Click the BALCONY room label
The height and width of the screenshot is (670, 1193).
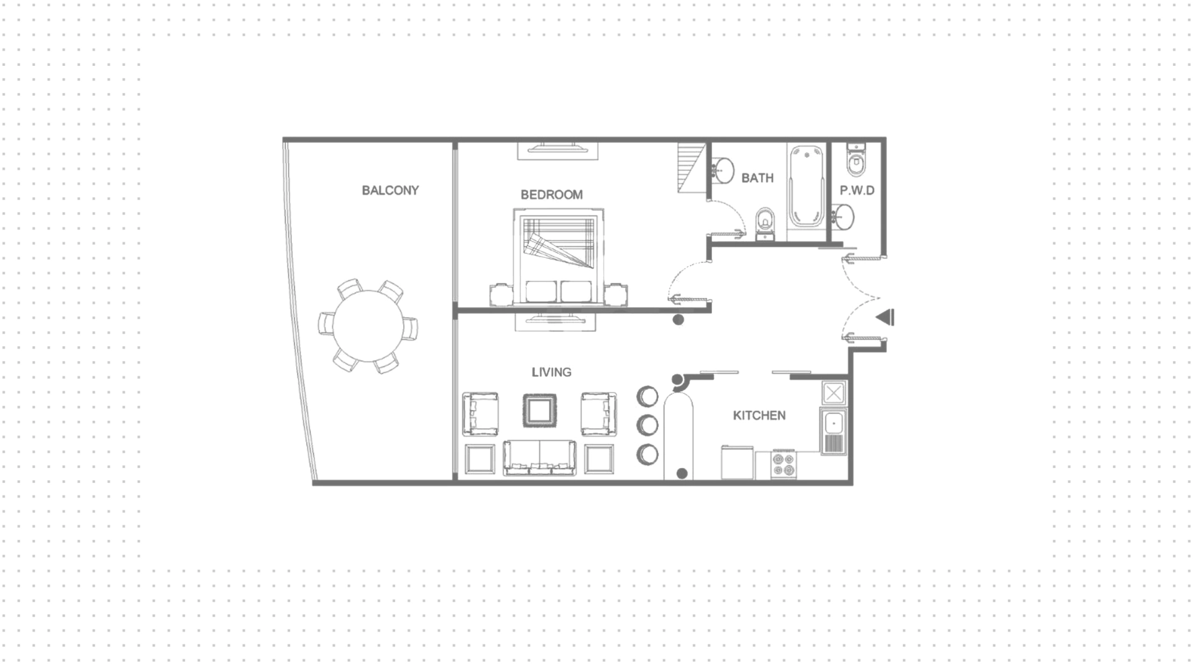[x=390, y=190]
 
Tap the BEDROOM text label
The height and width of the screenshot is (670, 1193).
[x=552, y=195]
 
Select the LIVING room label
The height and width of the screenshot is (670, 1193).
[x=551, y=372]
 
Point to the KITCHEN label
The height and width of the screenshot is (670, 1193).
[x=759, y=415]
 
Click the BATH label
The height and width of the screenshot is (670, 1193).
[x=757, y=178]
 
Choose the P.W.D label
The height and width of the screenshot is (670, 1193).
[x=857, y=190]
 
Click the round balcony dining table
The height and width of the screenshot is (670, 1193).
[x=368, y=326]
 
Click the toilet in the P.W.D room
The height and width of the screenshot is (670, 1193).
[x=856, y=159]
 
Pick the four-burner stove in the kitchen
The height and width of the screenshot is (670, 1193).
[x=783, y=464]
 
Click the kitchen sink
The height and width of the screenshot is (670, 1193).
[x=833, y=431]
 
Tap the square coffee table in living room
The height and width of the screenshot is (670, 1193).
[x=539, y=411]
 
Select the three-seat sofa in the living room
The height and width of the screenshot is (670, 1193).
[x=539, y=458]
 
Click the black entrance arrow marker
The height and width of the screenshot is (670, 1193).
[x=885, y=318]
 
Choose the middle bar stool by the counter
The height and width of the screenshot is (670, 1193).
[x=647, y=425]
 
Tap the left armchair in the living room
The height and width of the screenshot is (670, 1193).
[x=480, y=414]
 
